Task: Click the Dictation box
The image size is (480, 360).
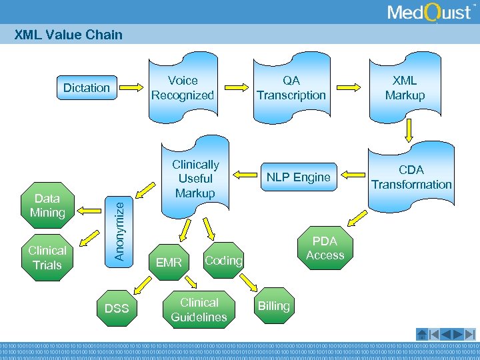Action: [86, 87]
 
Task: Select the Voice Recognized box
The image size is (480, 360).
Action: [182, 88]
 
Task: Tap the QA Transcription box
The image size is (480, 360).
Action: [291, 88]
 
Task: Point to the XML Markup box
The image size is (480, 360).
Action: [405, 88]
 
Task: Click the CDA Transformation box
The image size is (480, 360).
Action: [411, 177]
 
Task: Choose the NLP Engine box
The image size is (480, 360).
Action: [299, 177]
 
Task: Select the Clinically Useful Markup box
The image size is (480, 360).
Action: [195, 179]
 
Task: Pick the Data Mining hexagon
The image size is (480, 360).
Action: [47, 205]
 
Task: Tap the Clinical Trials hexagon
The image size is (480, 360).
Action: [47, 257]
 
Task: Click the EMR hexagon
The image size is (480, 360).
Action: [169, 263]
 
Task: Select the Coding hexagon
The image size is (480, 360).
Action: [223, 260]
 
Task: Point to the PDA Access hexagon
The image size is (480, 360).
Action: [325, 248]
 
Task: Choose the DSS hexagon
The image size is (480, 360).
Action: [117, 308]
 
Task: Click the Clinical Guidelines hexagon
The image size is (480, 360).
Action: [199, 310]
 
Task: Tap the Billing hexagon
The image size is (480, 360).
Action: [274, 306]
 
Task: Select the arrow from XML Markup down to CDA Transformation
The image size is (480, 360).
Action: [407, 136]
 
